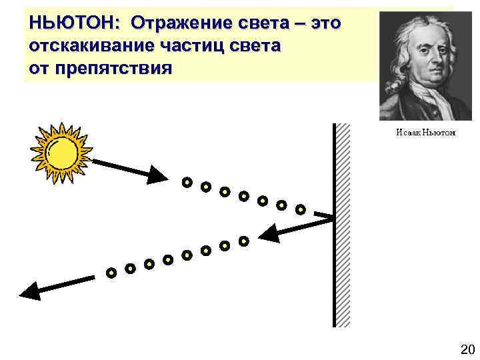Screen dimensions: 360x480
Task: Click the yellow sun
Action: [61, 153]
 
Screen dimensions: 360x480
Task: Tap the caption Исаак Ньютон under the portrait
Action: [425, 133]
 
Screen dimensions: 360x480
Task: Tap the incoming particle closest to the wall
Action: [300, 209]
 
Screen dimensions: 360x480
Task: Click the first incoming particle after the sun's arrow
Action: [187, 181]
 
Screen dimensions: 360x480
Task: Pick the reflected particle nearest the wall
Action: [243, 240]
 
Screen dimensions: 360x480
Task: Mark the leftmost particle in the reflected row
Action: [111, 272]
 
